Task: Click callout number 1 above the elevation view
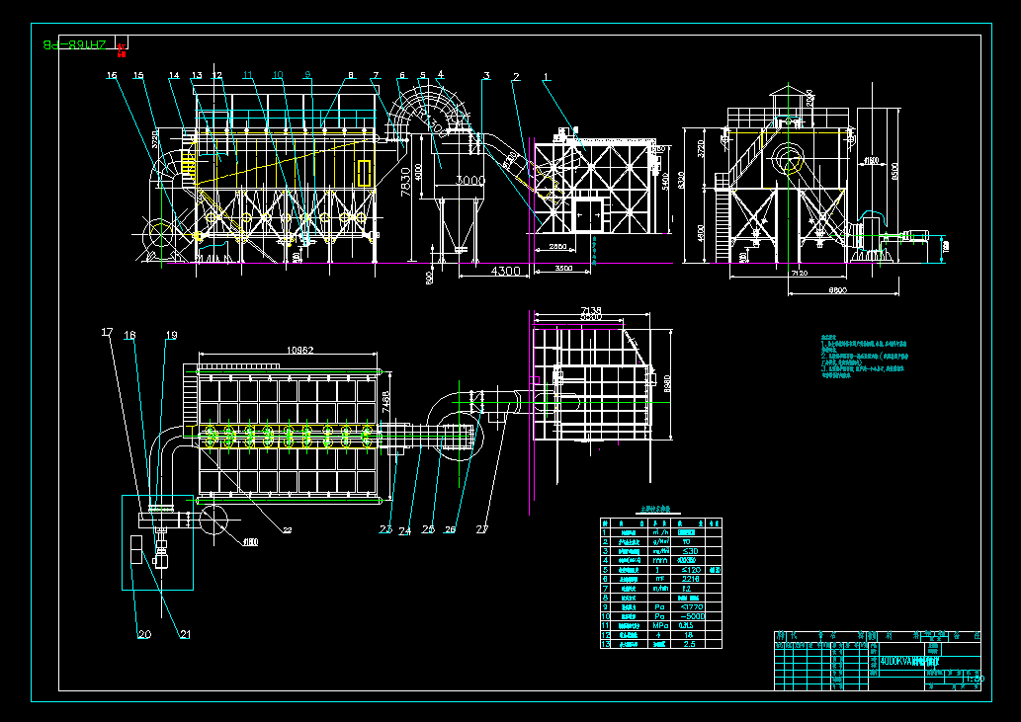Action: [x=546, y=76]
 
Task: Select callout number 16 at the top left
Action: [x=112, y=75]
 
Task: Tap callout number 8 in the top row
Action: [x=350, y=76]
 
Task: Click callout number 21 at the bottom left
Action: [x=184, y=634]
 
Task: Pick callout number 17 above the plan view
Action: [x=107, y=333]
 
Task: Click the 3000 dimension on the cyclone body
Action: [x=470, y=181]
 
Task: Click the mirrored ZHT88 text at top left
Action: [x=75, y=44]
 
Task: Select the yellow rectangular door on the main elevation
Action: [x=365, y=172]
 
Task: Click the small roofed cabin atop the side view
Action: [x=787, y=100]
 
